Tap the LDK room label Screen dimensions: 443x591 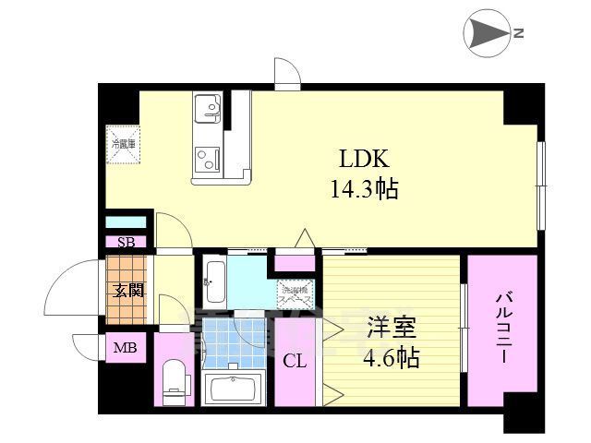pyautogui.click(x=357, y=158)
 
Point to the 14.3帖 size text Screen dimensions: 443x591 pyautogui.click(x=364, y=190)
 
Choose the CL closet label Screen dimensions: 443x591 pyautogui.click(x=295, y=361)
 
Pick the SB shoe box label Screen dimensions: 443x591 pyautogui.click(x=125, y=242)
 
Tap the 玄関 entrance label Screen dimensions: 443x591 pyautogui.click(x=128, y=290)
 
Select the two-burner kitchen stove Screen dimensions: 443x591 pyautogui.click(x=208, y=161)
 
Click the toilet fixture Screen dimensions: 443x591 pyautogui.click(x=173, y=378)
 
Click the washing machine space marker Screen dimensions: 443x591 pyautogui.click(x=295, y=293)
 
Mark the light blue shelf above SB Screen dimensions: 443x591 pyautogui.click(x=125, y=222)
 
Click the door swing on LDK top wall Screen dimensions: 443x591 pyautogui.click(x=287, y=73)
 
